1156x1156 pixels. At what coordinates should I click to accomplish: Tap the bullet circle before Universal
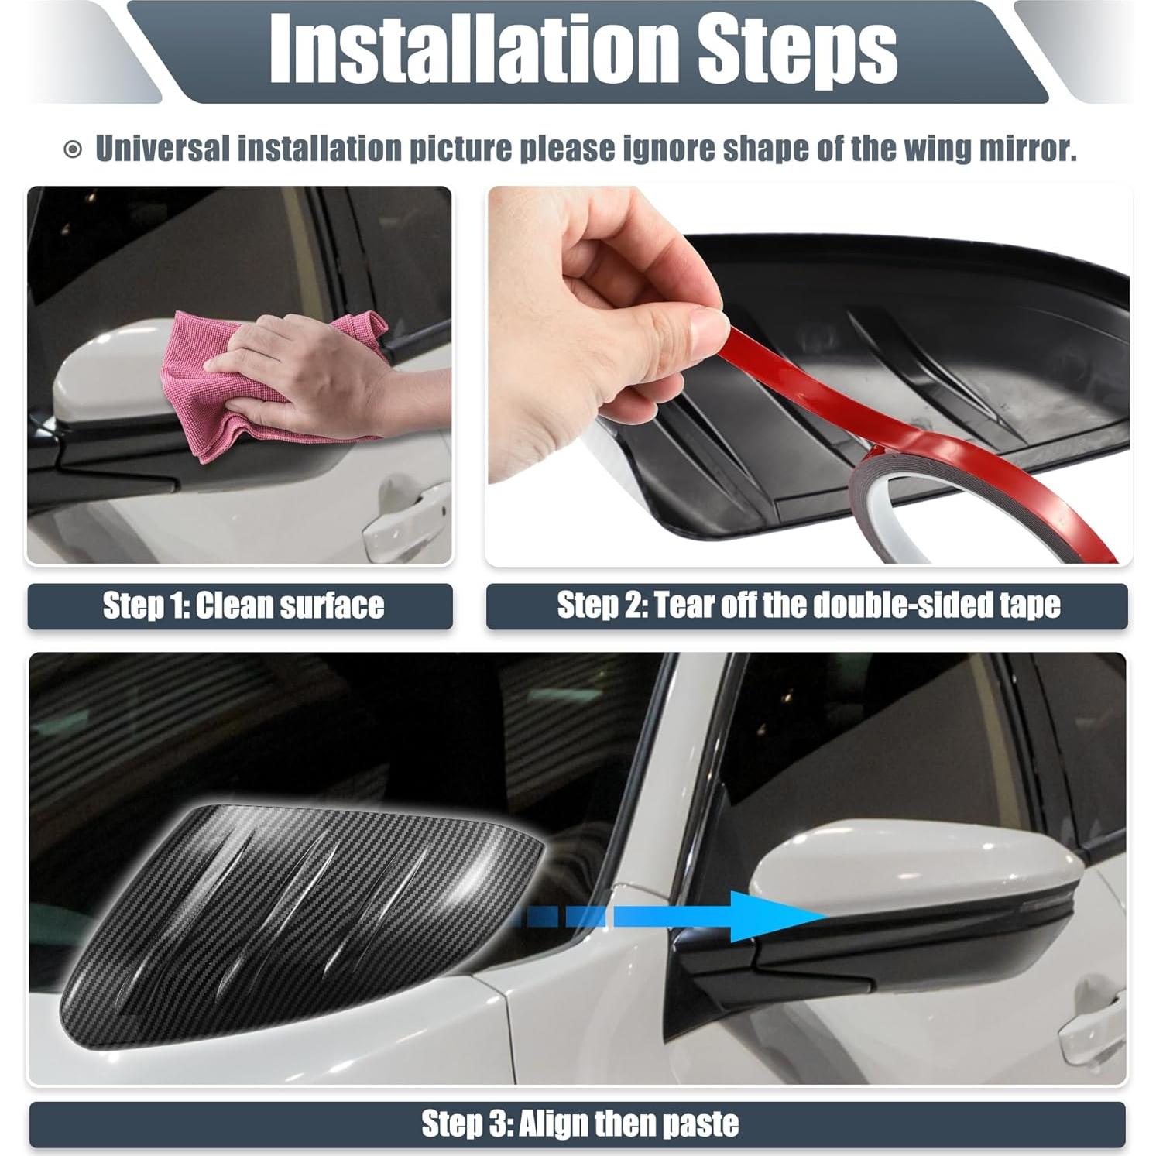pyautogui.click(x=72, y=150)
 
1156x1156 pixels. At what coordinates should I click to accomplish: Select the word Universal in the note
pyautogui.click(x=162, y=149)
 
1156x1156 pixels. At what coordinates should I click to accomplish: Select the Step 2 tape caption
pyautogui.click(x=808, y=605)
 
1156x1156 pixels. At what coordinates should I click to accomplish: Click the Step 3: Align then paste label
pyautogui.click(x=578, y=1123)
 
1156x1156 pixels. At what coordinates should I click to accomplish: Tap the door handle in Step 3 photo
pyautogui.click(x=1092, y=1022)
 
